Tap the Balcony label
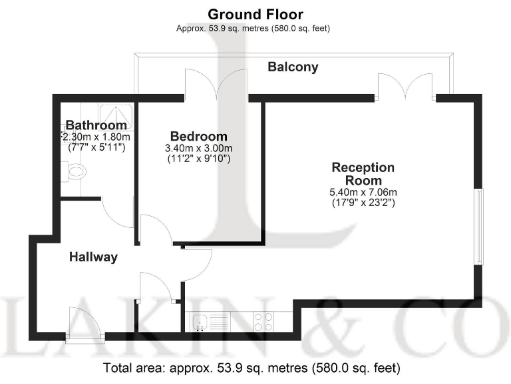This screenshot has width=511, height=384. pyautogui.click(x=293, y=67)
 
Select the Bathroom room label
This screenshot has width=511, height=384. pyautogui.click(x=96, y=125)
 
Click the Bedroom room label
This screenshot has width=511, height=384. pyautogui.click(x=198, y=136)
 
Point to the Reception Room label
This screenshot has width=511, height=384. pyautogui.click(x=363, y=173)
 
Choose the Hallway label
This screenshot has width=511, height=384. pyautogui.click(x=94, y=257)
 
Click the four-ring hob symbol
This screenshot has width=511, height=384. pyautogui.click(x=263, y=322)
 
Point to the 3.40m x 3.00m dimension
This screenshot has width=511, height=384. pyautogui.click(x=198, y=148)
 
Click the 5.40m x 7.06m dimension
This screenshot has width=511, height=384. pyautogui.click(x=363, y=193)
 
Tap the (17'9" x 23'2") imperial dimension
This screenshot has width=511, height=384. pyautogui.click(x=363, y=203)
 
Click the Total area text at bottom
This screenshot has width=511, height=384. pyautogui.click(x=252, y=367)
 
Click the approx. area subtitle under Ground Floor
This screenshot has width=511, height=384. pyautogui.click(x=253, y=28)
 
